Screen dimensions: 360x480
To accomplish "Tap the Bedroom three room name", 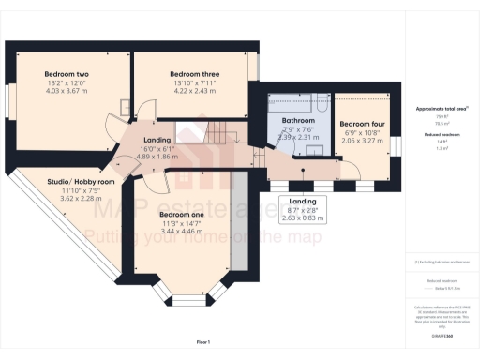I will (x=194, y=74).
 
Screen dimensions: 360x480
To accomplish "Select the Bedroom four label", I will (x=362, y=124).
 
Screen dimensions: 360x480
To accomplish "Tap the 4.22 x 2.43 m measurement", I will (x=194, y=90).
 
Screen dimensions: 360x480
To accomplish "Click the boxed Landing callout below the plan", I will (x=302, y=208).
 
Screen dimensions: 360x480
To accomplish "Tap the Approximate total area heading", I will (x=442, y=109).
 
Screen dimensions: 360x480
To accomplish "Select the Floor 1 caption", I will (x=202, y=342).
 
